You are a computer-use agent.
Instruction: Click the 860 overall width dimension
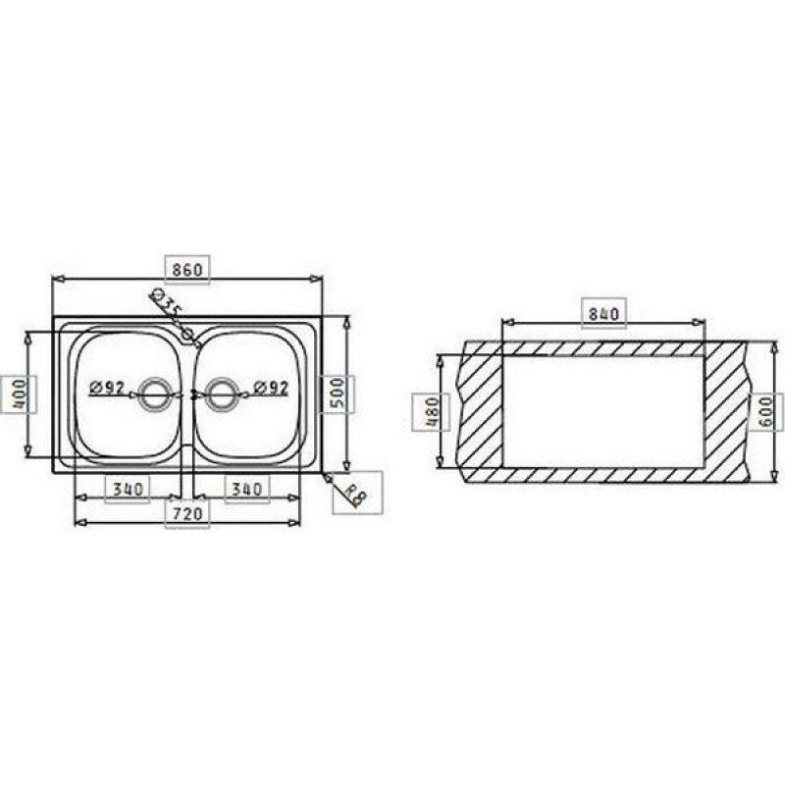point(187,270)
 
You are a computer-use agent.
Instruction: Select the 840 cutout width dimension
point(603,314)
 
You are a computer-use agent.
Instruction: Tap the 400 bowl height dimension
point(19,394)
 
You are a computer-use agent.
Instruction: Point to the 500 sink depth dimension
point(338,394)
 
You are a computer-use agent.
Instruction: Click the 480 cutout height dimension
point(431,412)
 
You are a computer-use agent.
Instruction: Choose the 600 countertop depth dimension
point(766,412)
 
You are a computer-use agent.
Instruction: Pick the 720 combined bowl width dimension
point(187,513)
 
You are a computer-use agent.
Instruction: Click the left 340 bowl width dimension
point(128,489)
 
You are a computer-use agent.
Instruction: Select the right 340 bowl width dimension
point(247,489)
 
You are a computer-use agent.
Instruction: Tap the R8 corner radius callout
point(355,496)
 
